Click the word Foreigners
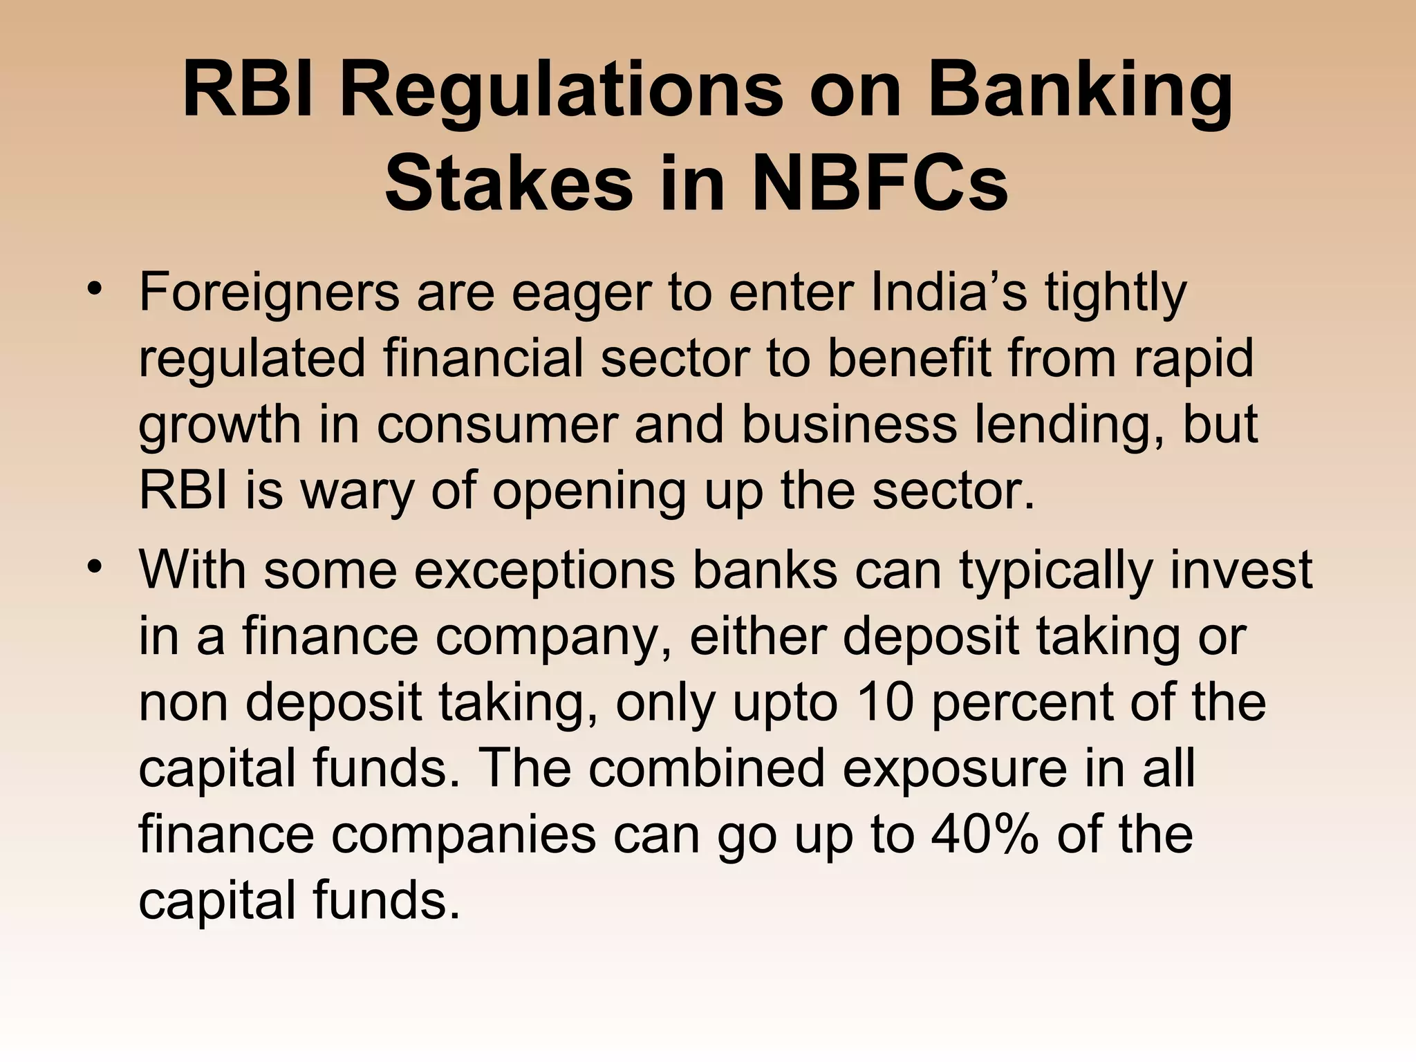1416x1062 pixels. coord(269,293)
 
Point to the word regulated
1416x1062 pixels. coord(252,359)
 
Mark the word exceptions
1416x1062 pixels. coord(545,571)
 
